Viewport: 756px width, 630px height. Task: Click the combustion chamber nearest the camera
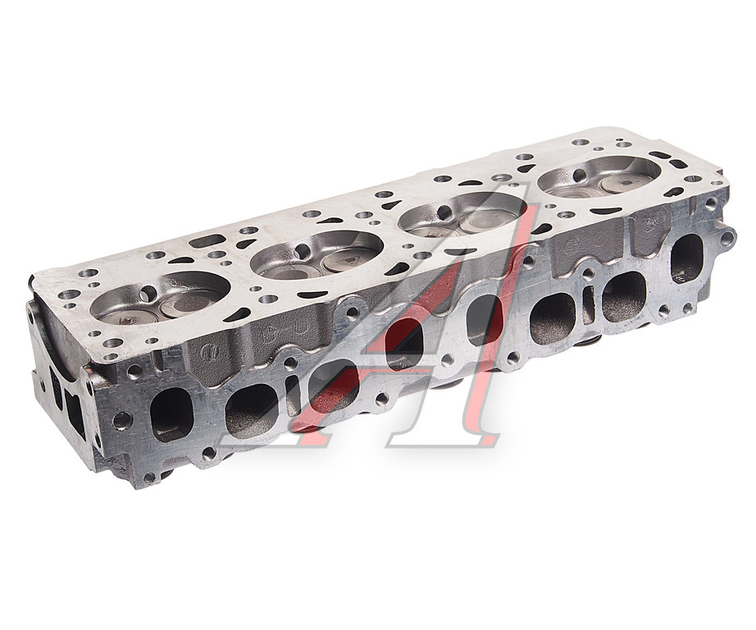point(160,299)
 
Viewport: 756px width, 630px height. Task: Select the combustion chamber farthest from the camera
point(599,176)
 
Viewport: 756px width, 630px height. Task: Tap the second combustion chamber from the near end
point(317,255)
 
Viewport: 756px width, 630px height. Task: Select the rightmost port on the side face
point(686,258)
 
